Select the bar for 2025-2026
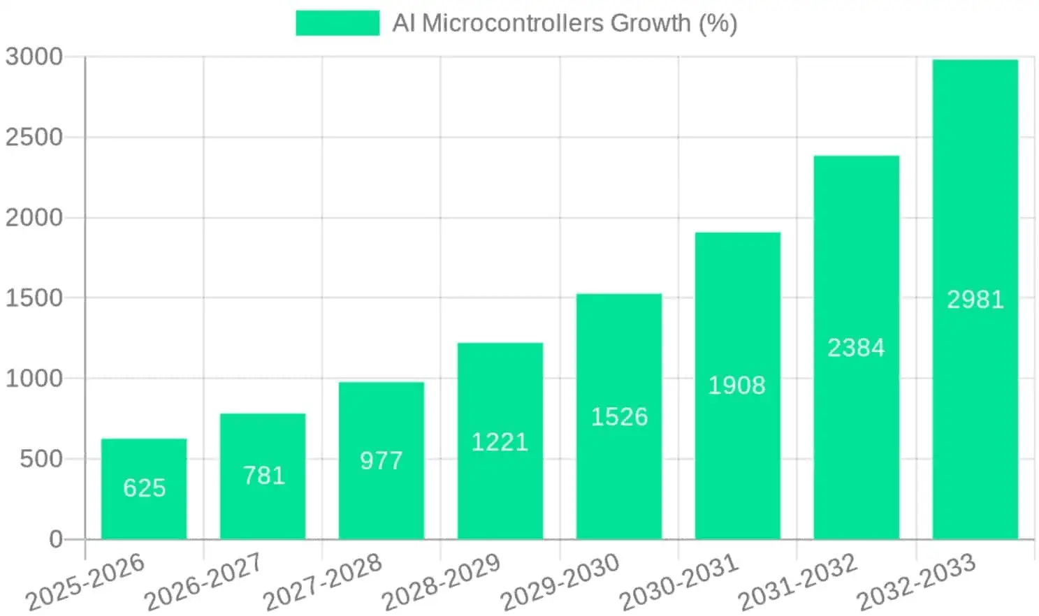pyautogui.click(x=144, y=489)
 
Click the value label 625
pyautogui.click(x=145, y=487)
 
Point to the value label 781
pyautogui.click(x=263, y=476)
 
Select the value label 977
pyautogui.click(x=381, y=460)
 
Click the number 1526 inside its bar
pyautogui.click(x=619, y=417)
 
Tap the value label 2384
pyautogui.click(x=856, y=348)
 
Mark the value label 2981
pyautogui.click(x=975, y=300)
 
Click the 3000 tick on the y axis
pyautogui.click(x=34, y=57)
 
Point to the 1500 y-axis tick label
pyautogui.click(x=34, y=298)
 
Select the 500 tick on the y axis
pyautogui.click(x=41, y=459)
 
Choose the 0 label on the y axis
pyautogui.click(x=56, y=539)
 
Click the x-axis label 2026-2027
pyautogui.click(x=202, y=582)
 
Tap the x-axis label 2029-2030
pyautogui.click(x=559, y=582)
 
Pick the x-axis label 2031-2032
pyautogui.click(x=797, y=582)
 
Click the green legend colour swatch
pyautogui.click(x=337, y=23)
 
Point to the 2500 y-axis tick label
pyautogui.click(x=34, y=137)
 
